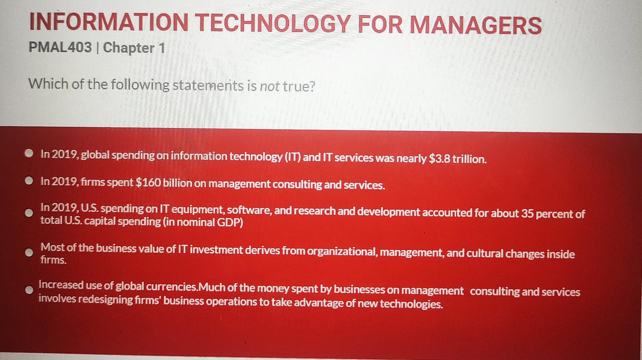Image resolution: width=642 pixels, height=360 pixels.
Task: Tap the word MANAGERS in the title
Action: [475, 25]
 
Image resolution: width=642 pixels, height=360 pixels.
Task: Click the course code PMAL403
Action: [60, 47]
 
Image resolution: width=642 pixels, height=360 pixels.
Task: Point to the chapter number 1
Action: [162, 48]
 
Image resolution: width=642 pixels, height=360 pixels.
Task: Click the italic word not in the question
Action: [270, 87]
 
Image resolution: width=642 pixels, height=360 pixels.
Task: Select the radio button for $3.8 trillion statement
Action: [29, 153]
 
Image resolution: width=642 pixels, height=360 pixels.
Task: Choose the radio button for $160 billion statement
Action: [29, 181]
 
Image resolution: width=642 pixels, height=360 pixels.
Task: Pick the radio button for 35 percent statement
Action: [29, 213]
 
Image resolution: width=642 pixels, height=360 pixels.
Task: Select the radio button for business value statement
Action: [29, 253]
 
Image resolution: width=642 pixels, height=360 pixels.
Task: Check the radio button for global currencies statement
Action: [29, 290]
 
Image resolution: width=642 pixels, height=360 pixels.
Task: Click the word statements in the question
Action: [208, 86]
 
